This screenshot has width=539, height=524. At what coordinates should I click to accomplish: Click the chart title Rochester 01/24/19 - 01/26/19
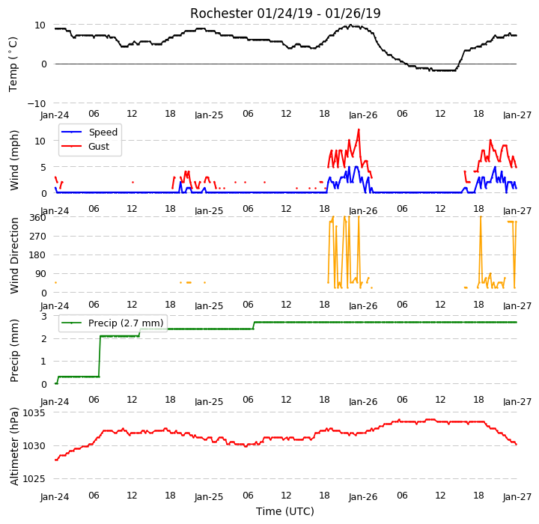[285, 13]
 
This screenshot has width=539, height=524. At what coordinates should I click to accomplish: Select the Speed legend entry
[89, 132]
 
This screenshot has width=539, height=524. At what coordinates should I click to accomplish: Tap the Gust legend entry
[85, 147]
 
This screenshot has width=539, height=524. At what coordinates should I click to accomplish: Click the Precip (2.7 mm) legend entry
[112, 323]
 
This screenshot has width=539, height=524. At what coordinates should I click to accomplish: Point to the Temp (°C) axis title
[13, 64]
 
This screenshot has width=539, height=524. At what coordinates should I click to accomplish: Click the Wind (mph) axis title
[13, 160]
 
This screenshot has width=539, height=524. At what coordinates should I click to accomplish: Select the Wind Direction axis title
[14, 255]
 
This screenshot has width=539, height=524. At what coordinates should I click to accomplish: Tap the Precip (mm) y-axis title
[14, 351]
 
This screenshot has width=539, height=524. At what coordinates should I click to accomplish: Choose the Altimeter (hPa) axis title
[14, 446]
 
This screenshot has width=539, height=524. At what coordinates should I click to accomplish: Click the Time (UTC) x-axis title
[285, 511]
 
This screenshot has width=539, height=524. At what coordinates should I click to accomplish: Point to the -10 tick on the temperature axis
[37, 103]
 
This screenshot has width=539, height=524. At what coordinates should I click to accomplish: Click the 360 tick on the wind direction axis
[38, 218]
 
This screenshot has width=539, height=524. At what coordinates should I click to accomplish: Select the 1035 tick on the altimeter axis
[34, 413]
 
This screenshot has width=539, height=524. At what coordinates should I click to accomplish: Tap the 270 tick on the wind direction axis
[38, 237]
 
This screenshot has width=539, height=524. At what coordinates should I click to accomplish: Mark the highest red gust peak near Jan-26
[359, 130]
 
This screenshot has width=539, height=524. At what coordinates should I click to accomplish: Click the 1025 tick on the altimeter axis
[34, 479]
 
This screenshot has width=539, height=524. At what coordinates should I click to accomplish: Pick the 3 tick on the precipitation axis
[43, 317]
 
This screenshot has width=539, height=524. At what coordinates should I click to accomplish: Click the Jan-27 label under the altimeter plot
[517, 497]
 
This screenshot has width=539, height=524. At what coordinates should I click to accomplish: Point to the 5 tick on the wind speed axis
[43, 168]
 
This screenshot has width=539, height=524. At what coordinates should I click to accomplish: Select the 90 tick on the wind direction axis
[40, 274]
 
